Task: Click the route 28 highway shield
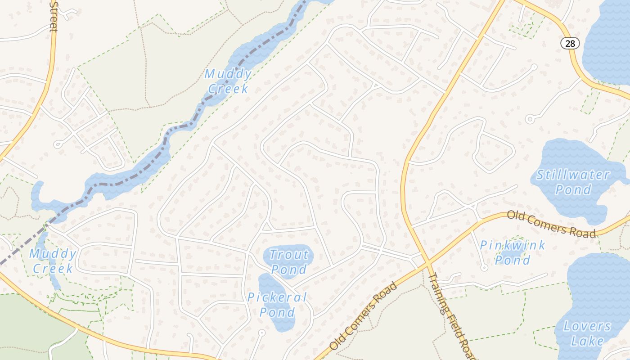(570, 43)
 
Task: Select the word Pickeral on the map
(277, 297)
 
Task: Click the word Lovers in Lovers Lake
(587, 326)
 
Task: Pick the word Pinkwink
(512, 246)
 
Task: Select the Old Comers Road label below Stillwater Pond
(551, 224)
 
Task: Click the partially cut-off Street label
(54, 16)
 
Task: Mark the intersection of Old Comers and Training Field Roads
(426, 262)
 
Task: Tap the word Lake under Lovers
(587, 341)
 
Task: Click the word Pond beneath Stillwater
(573, 189)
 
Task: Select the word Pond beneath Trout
(288, 270)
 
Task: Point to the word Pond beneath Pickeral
(277, 312)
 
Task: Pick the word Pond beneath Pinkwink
(512, 260)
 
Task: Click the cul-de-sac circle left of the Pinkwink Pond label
(484, 267)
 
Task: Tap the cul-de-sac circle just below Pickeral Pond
(262, 332)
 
